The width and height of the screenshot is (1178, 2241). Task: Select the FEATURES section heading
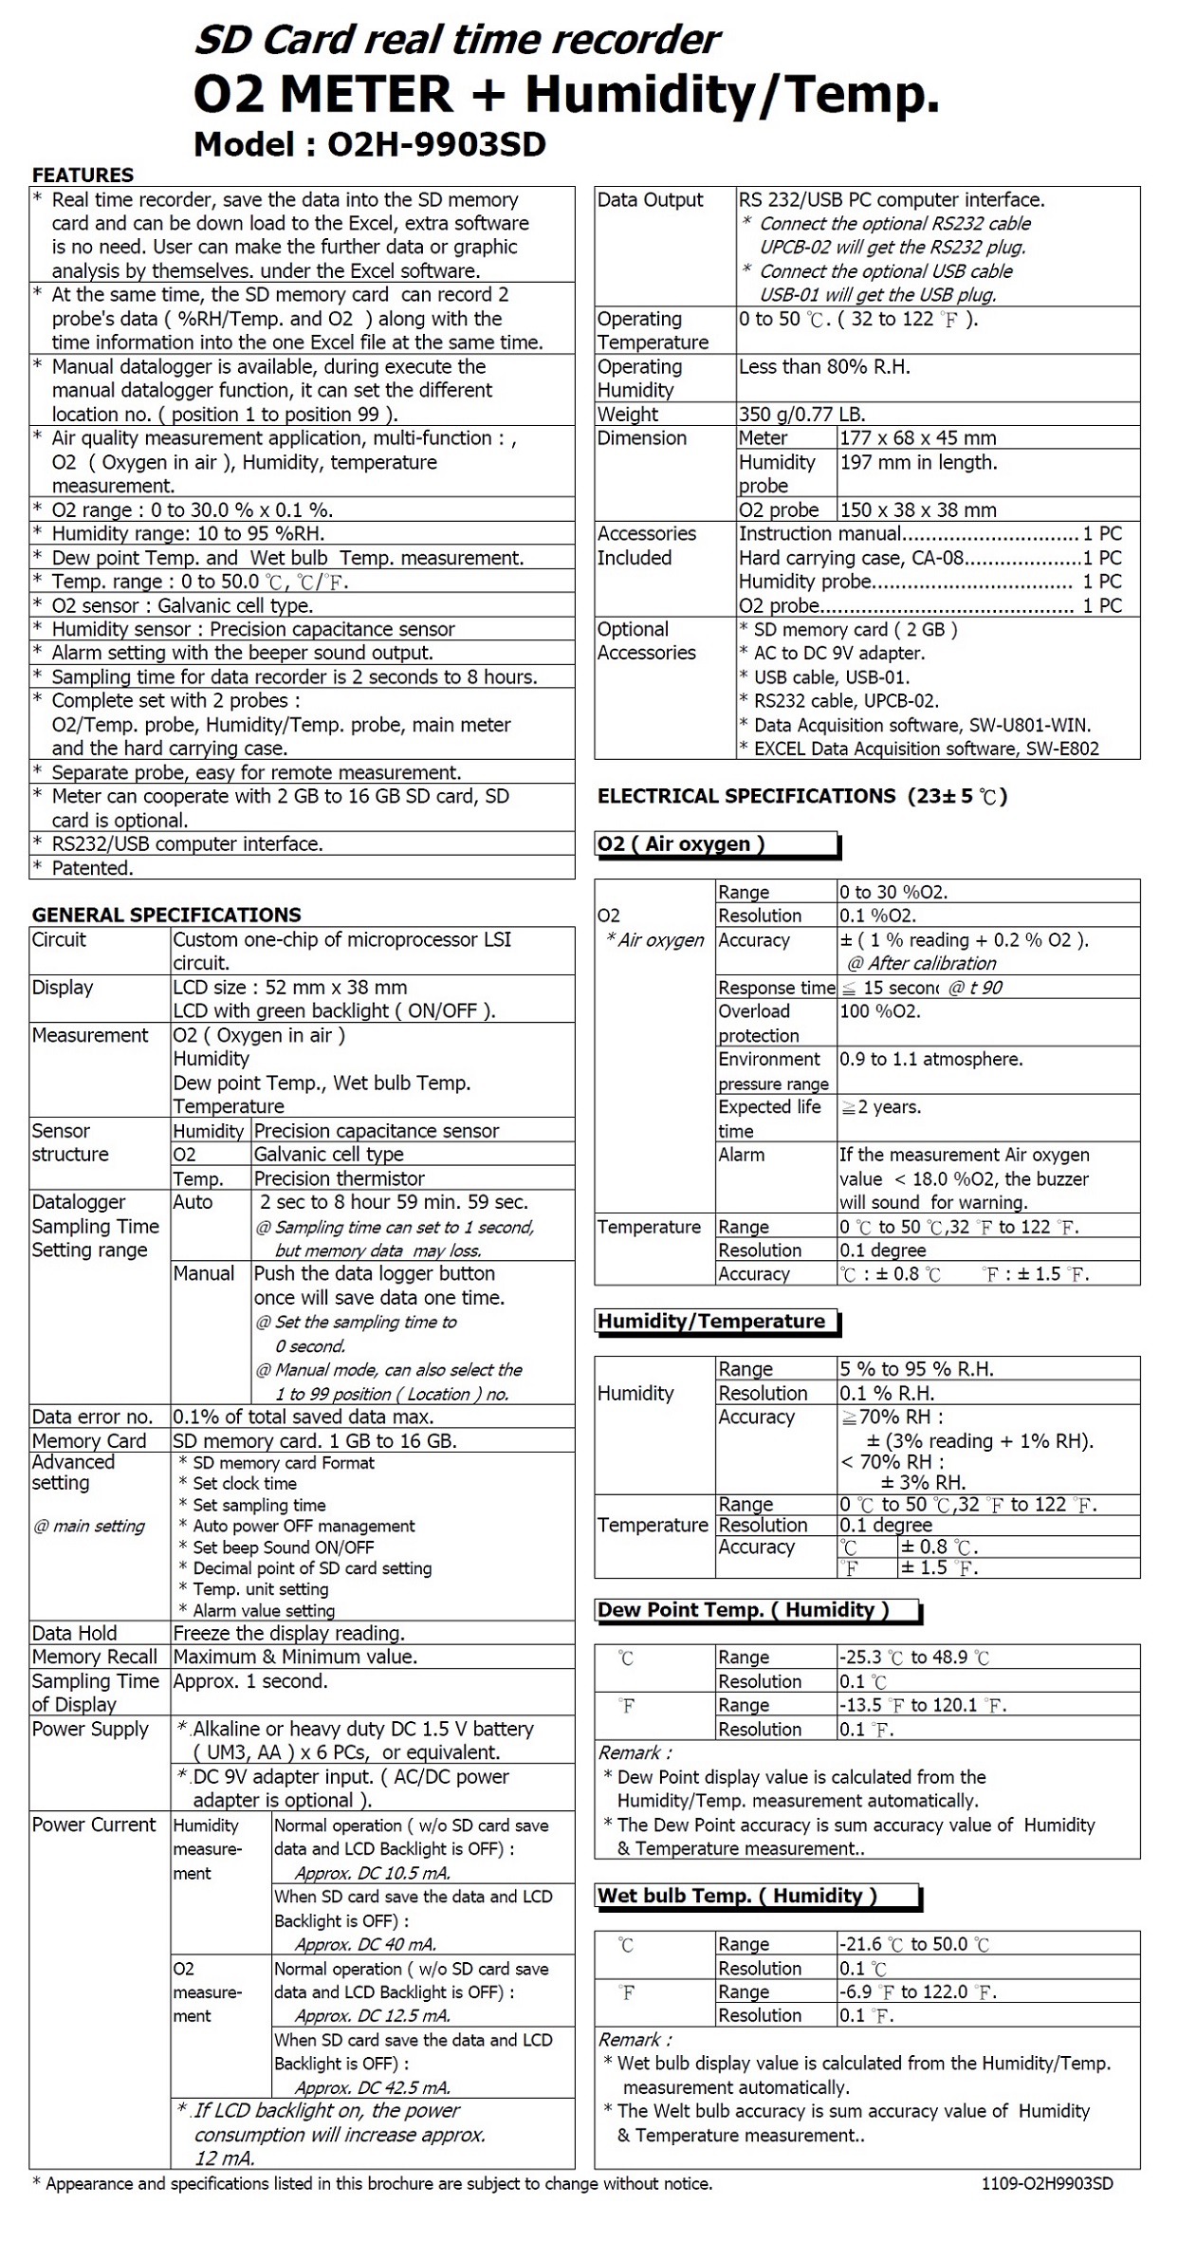click(x=83, y=175)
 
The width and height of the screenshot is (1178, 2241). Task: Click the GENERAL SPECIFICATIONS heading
click(x=166, y=915)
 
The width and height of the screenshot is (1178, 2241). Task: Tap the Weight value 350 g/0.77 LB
click(x=801, y=414)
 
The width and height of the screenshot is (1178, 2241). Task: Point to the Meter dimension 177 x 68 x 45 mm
click(x=917, y=437)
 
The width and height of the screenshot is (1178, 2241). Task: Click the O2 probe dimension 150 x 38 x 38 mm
click(x=917, y=509)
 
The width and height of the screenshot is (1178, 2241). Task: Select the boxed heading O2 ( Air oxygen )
click(x=681, y=843)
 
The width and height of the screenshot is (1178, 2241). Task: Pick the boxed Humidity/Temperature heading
click(x=711, y=1321)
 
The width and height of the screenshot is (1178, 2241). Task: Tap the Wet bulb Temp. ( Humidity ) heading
click(x=737, y=1895)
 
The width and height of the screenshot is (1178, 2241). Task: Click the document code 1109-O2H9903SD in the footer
click(x=1047, y=2183)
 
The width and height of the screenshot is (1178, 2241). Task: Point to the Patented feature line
click(x=92, y=867)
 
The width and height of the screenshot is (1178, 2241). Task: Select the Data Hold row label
click(x=74, y=1633)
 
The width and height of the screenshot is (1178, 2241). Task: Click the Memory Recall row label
click(x=94, y=1657)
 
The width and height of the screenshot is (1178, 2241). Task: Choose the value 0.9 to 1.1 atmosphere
click(x=930, y=1059)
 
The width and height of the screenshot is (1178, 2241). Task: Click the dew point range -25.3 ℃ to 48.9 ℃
click(x=913, y=1657)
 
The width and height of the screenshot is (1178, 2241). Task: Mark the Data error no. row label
click(x=92, y=1417)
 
